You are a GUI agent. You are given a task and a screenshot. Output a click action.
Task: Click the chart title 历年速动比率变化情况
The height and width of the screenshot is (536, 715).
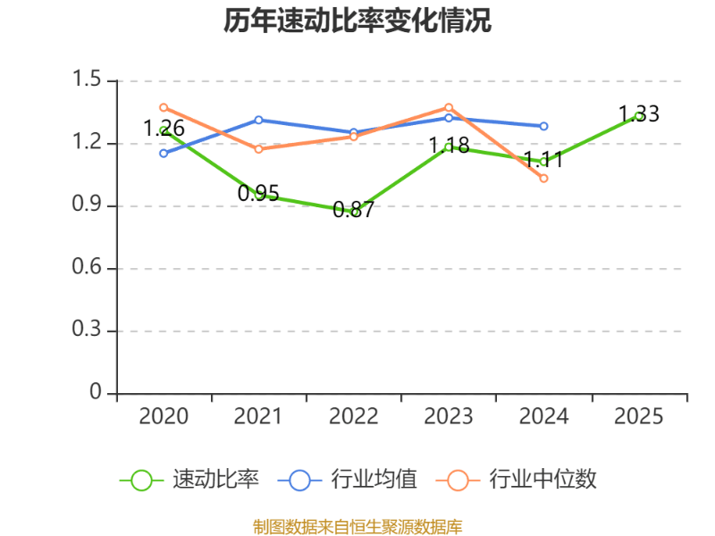357,21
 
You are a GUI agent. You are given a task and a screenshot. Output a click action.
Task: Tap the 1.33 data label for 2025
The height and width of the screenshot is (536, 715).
639,114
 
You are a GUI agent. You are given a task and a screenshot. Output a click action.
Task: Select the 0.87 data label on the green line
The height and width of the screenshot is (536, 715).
353,211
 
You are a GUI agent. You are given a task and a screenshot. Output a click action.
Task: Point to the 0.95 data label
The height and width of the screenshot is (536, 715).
258,193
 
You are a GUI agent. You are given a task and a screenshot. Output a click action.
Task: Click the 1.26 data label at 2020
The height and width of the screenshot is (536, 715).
164,129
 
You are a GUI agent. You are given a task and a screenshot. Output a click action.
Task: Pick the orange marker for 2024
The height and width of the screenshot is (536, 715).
543,179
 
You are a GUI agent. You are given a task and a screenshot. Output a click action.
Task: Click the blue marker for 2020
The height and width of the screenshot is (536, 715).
164,154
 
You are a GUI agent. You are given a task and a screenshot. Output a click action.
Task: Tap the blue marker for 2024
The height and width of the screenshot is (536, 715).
543,126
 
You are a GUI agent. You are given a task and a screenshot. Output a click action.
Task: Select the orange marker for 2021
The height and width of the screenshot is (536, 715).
258,149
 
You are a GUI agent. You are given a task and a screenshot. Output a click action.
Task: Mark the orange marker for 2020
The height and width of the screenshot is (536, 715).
164,107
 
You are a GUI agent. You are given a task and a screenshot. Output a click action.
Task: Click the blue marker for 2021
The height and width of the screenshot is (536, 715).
258,119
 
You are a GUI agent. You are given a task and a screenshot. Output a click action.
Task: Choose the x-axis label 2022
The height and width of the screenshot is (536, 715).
353,416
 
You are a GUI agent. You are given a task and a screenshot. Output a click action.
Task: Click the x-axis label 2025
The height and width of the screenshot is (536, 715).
639,416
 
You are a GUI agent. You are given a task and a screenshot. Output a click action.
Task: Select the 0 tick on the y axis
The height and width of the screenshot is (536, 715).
96,393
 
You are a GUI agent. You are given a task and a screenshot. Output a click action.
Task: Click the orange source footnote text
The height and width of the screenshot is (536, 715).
357,526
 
